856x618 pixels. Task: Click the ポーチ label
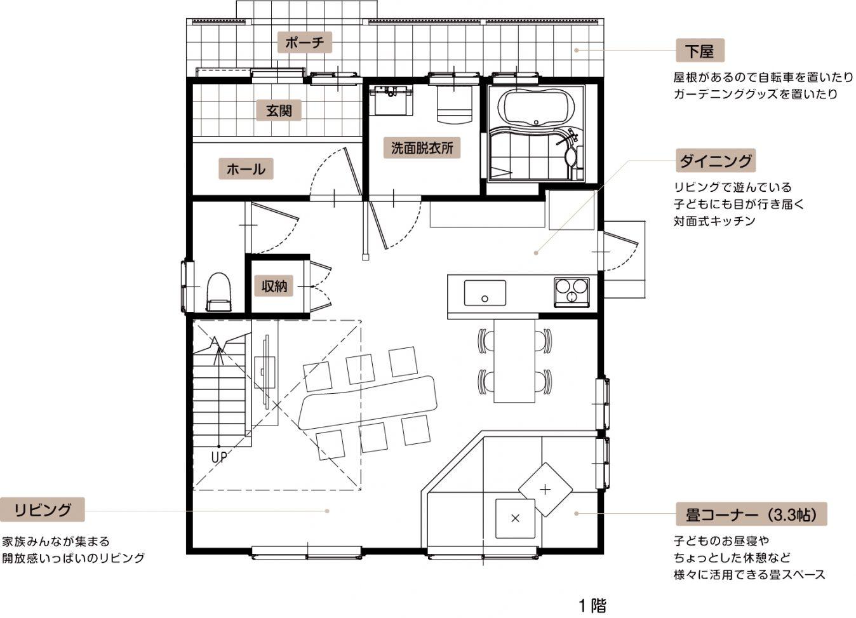coord(304,43)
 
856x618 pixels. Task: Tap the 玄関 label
coord(279,111)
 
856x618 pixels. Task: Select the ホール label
coord(246,168)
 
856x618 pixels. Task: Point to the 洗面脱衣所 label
coord(422,147)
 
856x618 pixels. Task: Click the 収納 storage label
coord(274,285)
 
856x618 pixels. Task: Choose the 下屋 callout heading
coord(700,50)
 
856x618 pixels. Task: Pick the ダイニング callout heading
coord(716,161)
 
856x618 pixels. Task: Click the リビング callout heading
coord(43,509)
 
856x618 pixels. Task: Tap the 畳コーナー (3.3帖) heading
coord(751,514)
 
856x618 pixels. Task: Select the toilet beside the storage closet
coord(219,292)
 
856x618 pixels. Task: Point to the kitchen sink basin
coord(485,293)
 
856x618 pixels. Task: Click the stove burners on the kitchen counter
coord(572,292)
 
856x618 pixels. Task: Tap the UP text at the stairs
coord(219,457)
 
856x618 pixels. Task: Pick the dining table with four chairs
coord(514,361)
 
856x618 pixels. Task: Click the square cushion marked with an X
coord(515,518)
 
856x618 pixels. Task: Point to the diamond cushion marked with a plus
coord(545,490)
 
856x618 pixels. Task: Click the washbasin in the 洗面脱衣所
coord(391,101)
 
